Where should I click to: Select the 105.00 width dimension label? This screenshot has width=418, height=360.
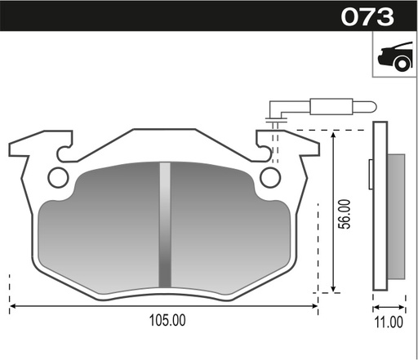click(x=167, y=320)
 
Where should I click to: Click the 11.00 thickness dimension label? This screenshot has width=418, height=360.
click(x=388, y=321)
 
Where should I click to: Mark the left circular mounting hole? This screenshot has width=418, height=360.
click(x=57, y=175)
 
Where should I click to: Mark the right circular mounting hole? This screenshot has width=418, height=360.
click(x=269, y=175)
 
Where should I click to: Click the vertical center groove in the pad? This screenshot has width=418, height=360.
click(x=165, y=224)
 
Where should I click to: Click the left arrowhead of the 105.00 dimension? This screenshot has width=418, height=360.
click(x=13, y=306)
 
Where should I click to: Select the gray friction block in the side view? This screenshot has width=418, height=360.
click(x=395, y=214)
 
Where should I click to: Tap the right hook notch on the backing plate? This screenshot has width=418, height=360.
click(x=263, y=149)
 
